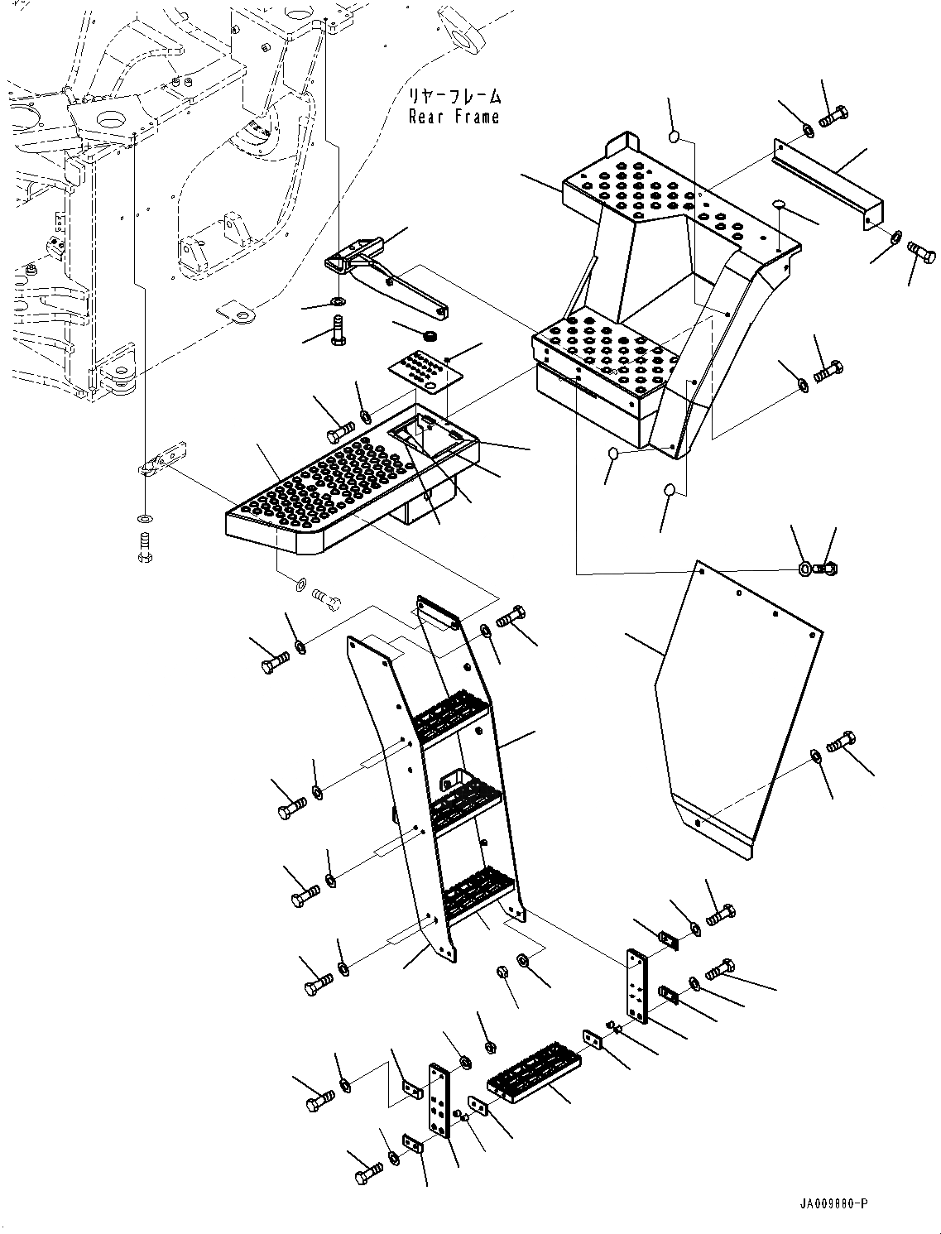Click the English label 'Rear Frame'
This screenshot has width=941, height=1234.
coord(454,118)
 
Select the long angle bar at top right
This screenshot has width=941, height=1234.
coord(827,182)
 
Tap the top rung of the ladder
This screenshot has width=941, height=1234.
coord(451,713)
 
